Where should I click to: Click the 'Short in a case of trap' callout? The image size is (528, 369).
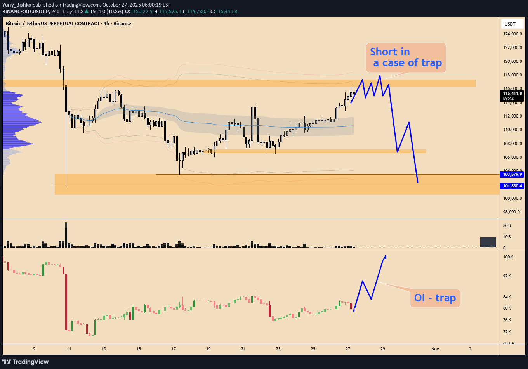(x=406, y=57)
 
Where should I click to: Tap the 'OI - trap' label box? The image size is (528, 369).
(x=435, y=298)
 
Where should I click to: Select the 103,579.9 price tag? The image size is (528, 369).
(x=513, y=174)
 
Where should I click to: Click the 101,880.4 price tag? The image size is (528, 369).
(x=513, y=186)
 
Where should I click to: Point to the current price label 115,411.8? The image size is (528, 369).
(x=513, y=93)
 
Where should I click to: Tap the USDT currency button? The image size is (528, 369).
(x=510, y=24)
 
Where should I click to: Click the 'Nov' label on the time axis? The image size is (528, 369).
(x=435, y=349)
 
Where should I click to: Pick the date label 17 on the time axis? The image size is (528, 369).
(x=174, y=349)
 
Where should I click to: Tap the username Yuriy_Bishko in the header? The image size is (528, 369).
(x=18, y=5)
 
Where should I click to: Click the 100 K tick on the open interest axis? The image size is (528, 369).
(x=508, y=257)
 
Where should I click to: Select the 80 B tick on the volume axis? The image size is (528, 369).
(x=507, y=225)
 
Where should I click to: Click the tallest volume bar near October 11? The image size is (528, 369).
(x=66, y=235)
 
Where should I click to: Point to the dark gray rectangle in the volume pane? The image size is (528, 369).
(x=488, y=242)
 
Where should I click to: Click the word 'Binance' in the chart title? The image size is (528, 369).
(x=122, y=24)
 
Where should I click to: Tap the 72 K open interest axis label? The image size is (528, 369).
(x=507, y=332)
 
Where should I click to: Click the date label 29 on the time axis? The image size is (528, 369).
(x=383, y=349)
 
